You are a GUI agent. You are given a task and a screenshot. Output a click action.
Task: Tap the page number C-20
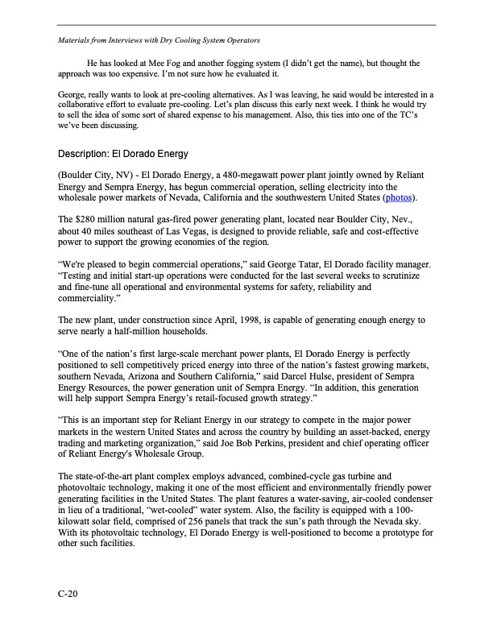pyautogui.click(x=68, y=594)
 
